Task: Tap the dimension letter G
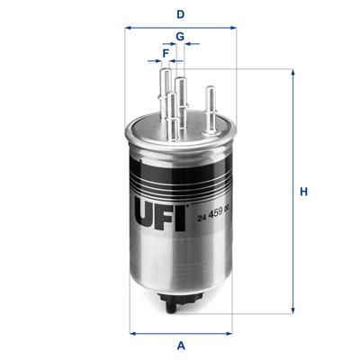pos(180,36)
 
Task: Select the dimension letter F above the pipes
pos(166,53)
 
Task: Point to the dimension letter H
pos(304,192)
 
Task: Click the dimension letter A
pos(181,346)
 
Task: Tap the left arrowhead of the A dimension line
pos(133,333)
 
